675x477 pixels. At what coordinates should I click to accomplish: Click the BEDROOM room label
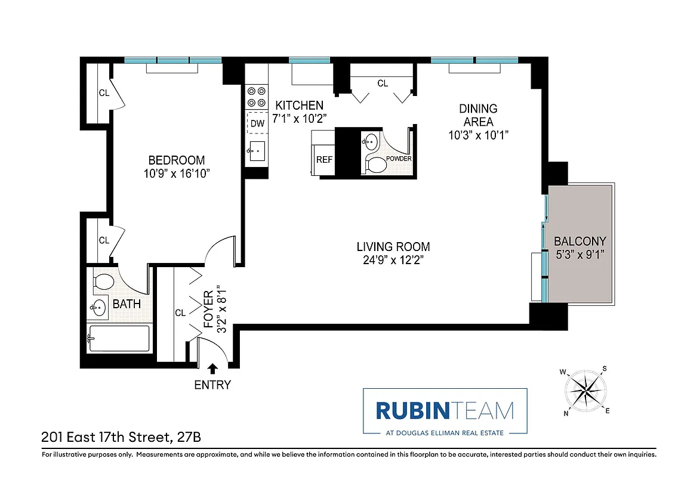(176, 160)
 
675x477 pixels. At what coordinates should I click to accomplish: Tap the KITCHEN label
(299, 106)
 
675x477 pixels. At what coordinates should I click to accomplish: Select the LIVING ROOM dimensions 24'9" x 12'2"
(393, 259)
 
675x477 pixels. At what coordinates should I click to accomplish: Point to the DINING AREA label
(478, 115)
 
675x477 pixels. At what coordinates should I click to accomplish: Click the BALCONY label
(580, 241)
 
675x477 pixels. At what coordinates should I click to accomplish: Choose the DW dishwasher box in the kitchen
(257, 123)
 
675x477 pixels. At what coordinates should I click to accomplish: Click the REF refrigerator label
(324, 160)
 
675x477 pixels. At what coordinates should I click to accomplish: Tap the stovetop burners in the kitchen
(257, 97)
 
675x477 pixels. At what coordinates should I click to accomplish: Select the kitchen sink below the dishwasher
(257, 150)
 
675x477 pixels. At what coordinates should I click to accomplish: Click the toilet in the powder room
(376, 164)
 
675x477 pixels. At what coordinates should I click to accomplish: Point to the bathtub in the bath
(118, 339)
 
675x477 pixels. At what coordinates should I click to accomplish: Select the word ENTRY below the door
(212, 385)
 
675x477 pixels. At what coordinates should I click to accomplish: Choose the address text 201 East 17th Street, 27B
(121, 437)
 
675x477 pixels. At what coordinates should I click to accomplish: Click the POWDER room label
(399, 159)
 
